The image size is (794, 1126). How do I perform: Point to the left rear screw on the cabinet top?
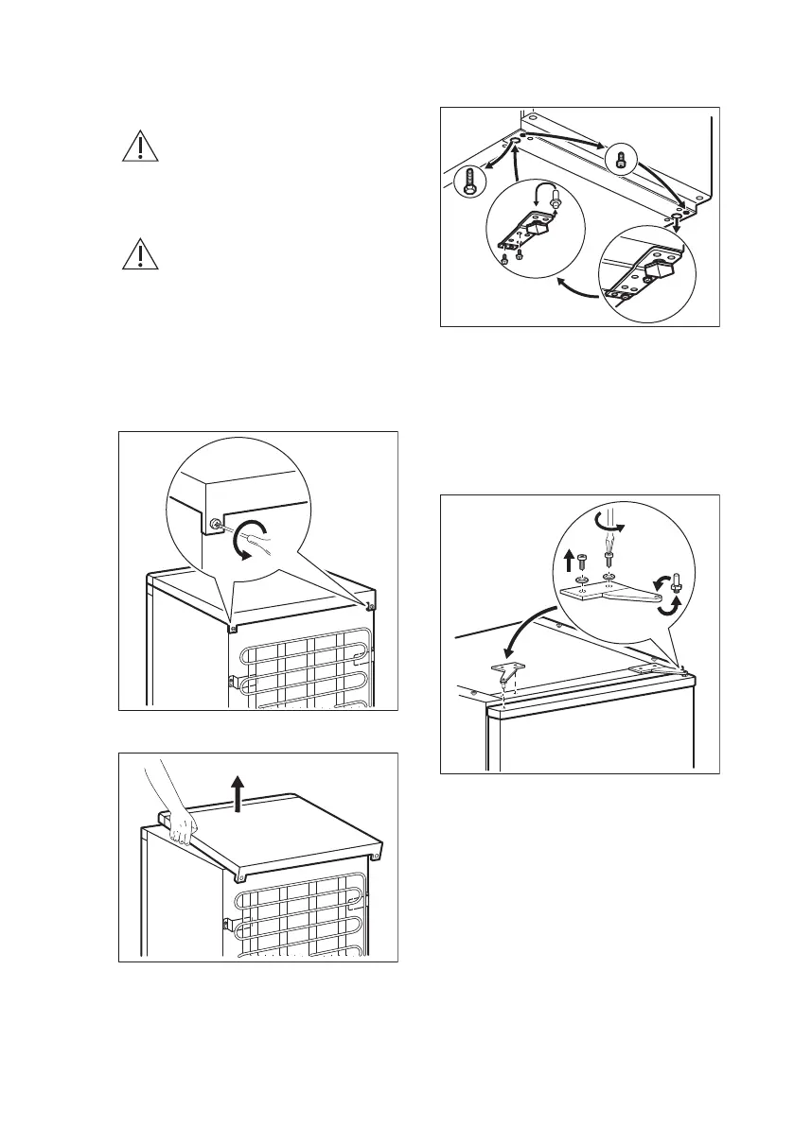pyautogui.click(x=231, y=625)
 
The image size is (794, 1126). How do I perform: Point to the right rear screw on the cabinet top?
pyautogui.click(x=370, y=606)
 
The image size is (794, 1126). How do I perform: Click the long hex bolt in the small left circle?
pyautogui.click(x=468, y=182)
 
